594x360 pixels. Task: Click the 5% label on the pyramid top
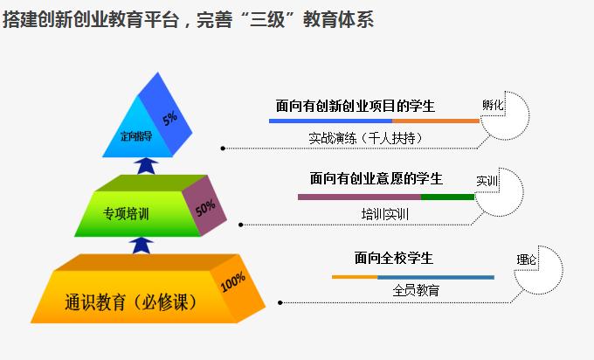tap(169, 116)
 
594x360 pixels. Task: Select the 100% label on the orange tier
tap(232, 283)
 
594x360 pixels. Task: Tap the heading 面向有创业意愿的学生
tap(376, 179)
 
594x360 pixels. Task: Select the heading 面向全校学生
tap(394, 259)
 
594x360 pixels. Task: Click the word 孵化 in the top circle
tap(494, 105)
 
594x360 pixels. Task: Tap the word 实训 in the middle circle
tap(487, 181)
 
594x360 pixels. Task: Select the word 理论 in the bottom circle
tap(527, 260)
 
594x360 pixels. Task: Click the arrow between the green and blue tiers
tap(148, 166)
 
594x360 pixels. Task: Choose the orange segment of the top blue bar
tap(437, 121)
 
